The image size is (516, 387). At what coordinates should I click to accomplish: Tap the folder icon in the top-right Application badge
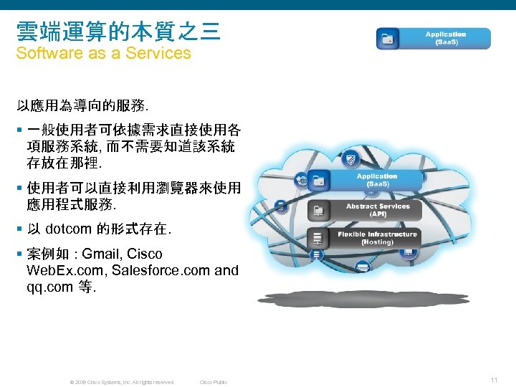[x=388, y=39]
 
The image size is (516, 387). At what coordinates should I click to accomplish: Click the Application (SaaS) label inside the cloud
[x=377, y=180]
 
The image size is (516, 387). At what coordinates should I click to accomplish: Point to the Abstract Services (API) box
[x=378, y=210]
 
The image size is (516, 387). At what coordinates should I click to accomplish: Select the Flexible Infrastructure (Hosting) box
[x=377, y=238]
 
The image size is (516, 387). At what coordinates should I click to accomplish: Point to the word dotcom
[x=68, y=230]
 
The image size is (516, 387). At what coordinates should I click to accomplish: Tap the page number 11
[x=494, y=380]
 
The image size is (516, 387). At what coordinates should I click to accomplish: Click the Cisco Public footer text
[x=213, y=382]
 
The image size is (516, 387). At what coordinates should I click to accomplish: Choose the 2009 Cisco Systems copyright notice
[x=121, y=382]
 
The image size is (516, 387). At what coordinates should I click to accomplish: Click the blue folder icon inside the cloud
[x=320, y=181]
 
